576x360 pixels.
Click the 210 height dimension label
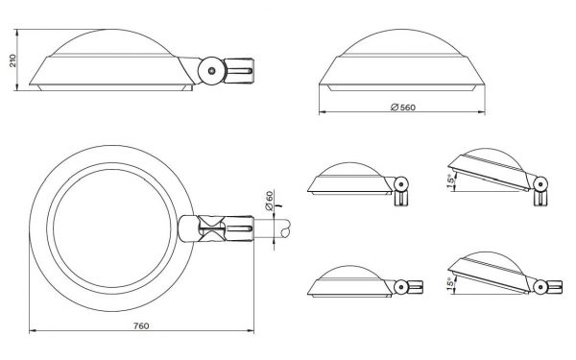12,60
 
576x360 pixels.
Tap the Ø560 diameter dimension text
403,108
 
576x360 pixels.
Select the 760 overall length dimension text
141,325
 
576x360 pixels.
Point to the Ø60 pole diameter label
269,201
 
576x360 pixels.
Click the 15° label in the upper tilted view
451,181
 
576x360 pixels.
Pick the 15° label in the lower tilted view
451,284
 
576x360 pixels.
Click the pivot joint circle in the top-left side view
212,70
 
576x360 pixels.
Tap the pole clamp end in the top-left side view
239,70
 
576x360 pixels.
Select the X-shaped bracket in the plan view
212,228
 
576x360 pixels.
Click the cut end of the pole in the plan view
285,228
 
